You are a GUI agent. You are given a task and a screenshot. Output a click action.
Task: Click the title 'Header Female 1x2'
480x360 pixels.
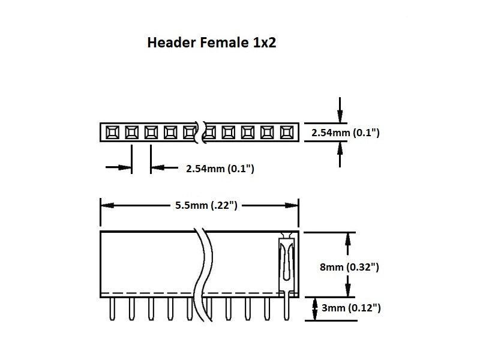pos(212,43)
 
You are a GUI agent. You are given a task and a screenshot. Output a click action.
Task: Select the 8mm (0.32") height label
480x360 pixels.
pos(350,266)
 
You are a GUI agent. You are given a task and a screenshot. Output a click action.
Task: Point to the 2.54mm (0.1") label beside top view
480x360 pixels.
pos(346,133)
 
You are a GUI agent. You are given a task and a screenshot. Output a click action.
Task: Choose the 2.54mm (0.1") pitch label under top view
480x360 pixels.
pos(220,169)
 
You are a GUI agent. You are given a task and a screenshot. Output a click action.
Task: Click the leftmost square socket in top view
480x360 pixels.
pos(112,132)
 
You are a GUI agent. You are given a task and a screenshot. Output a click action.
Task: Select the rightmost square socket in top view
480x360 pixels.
pos(286,132)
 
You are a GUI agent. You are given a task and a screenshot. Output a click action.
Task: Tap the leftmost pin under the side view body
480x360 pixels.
pos(112,309)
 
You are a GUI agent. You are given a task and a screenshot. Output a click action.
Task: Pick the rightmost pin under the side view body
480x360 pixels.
pos(286,309)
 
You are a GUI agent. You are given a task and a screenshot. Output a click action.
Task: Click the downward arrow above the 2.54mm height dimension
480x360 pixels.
pos(340,117)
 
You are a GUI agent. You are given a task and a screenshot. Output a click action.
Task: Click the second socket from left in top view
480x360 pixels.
pos(131,132)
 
